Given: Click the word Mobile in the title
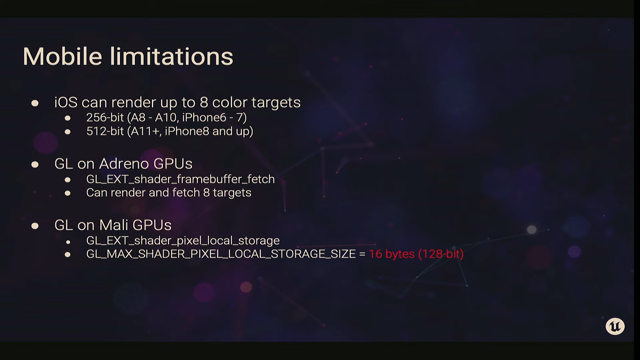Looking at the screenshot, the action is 62,57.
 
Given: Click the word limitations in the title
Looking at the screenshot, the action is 171,57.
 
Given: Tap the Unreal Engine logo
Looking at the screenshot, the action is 615,326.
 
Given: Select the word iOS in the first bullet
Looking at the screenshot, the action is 66,102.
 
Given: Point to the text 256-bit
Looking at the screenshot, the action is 105,117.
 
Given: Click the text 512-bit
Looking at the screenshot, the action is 105,131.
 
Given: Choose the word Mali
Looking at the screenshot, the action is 114,225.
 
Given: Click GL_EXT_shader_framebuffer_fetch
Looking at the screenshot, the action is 180,179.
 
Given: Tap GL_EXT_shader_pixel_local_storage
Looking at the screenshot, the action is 183,241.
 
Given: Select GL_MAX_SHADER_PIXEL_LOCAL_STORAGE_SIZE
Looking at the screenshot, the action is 221,254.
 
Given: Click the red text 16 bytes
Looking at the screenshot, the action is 391,254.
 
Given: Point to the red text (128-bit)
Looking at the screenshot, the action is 441,254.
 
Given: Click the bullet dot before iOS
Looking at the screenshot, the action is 35,103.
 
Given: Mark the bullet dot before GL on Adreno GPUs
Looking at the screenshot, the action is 35,165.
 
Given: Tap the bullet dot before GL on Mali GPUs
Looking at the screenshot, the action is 35,226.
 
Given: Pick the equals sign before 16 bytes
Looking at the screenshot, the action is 362,254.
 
